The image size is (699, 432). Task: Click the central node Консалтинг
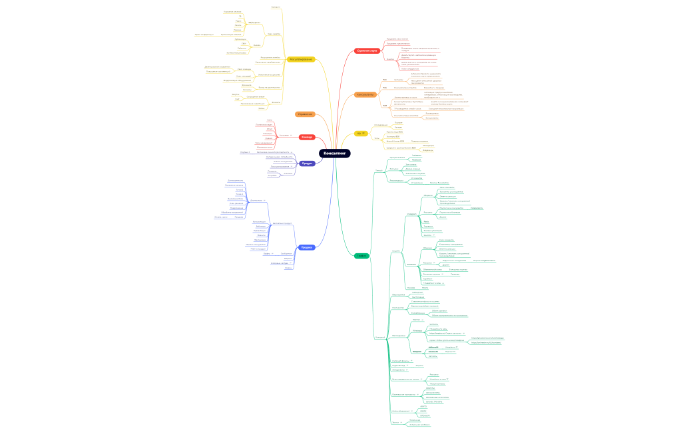(x=334, y=154)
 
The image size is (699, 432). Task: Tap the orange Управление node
(x=305, y=114)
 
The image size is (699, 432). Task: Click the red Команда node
(x=306, y=137)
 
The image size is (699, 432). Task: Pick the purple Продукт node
(x=307, y=163)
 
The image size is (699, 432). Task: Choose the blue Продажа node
(x=306, y=247)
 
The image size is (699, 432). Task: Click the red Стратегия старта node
(x=367, y=51)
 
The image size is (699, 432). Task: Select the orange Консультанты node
(x=365, y=95)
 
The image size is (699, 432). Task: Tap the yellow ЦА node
(x=359, y=134)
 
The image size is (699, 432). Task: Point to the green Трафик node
(x=361, y=256)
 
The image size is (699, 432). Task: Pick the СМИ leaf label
(x=243, y=44)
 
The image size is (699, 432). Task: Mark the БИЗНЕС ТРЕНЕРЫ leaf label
(x=433, y=401)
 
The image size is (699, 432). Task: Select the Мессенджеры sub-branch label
(x=400, y=335)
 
